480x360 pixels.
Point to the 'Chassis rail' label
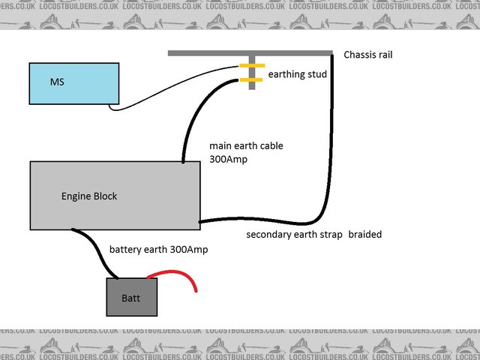tap(367, 55)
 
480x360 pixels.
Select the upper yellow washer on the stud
tap(251, 67)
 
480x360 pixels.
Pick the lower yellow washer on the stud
tap(251, 79)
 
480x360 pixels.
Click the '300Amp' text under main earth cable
tap(229, 159)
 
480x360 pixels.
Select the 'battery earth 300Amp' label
tap(158, 249)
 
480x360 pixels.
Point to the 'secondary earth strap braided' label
tap(313, 235)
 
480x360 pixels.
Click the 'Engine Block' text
tap(89, 196)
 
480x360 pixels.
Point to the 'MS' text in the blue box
tap(56, 80)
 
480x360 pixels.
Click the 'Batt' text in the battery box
tap(130, 298)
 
